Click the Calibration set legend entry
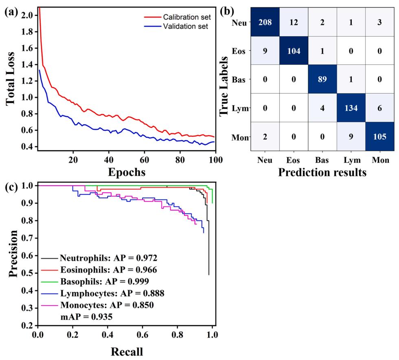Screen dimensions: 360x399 pyautogui.click(x=185, y=17)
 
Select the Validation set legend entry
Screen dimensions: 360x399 pyautogui.click(x=185, y=26)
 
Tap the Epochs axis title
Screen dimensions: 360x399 pyautogui.click(x=126, y=172)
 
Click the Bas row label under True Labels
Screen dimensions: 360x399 pyautogui.click(x=239, y=78)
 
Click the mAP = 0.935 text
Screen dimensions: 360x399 pyautogui.click(x=82, y=315)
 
